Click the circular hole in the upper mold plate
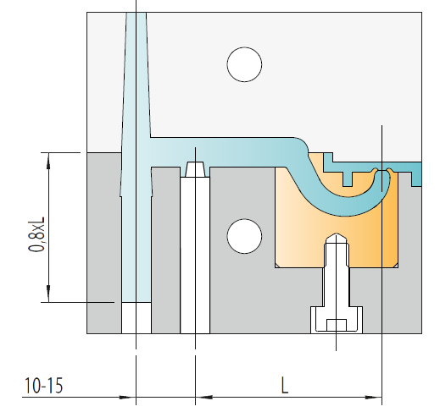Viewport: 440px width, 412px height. [244, 64]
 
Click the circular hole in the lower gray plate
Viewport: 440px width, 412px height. [244, 236]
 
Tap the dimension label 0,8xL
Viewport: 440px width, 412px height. [36, 234]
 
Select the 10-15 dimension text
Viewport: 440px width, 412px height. [43, 386]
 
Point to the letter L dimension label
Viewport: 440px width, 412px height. [285, 386]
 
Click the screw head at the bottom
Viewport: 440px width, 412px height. [337, 320]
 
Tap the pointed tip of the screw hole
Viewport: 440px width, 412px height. [336, 234]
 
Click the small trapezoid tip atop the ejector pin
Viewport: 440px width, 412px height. [195, 169]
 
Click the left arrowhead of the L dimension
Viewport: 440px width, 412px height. [204, 397]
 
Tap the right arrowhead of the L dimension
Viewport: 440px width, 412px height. [373, 398]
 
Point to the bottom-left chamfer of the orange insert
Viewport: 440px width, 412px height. [277, 266]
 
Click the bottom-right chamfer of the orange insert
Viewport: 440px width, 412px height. [396, 266]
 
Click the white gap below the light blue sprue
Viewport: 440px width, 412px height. [136, 318]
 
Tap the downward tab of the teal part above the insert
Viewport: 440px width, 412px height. [348, 179]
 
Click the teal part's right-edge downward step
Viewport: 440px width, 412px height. [416, 179]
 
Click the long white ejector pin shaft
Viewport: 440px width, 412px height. [195, 255]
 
